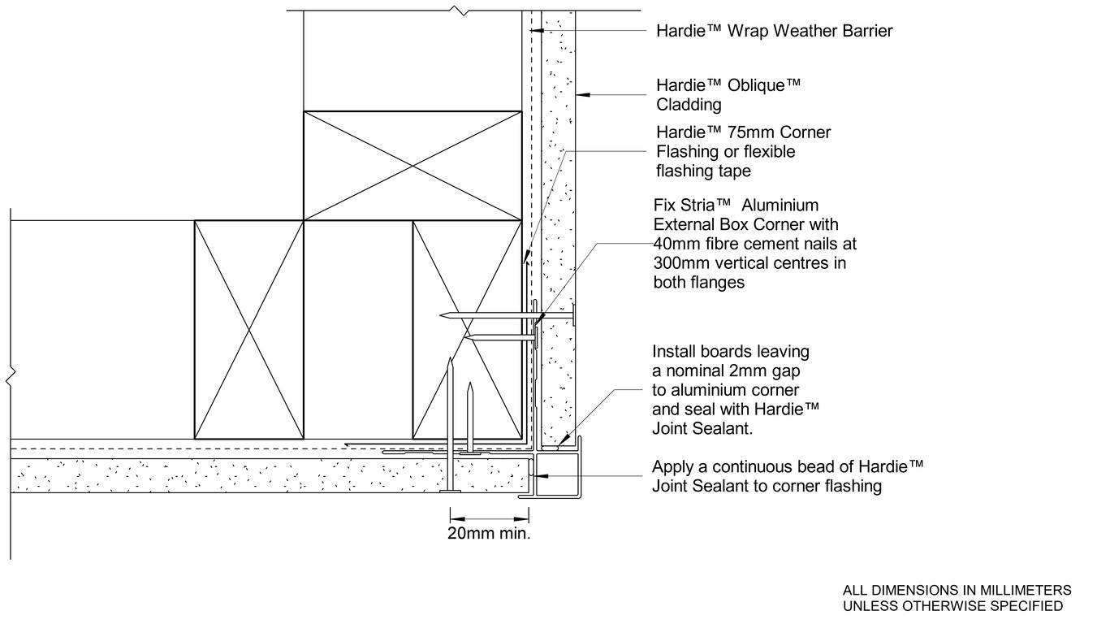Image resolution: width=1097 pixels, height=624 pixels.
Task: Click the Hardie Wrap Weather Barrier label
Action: tap(775, 31)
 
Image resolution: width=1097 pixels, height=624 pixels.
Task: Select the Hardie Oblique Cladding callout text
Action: tap(728, 94)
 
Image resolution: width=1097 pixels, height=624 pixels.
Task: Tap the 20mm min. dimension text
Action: tap(489, 533)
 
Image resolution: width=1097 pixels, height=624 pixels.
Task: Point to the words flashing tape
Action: tap(703, 171)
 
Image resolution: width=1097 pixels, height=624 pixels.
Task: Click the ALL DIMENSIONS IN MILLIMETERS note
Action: tap(957, 590)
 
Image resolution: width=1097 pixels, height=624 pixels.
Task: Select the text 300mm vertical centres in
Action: tap(749, 262)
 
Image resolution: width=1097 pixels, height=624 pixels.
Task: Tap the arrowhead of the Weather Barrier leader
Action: tap(537, 31)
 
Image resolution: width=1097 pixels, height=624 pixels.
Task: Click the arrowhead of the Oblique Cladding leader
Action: tap(582, 94)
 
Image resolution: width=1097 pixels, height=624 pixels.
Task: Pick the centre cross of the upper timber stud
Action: tap(412, 167)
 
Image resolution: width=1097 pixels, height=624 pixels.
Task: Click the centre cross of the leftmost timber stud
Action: tap(248, 330)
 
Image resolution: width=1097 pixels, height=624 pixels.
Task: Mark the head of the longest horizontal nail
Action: tap(573, 314)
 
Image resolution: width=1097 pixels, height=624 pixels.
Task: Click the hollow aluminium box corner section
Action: tap(558, 474)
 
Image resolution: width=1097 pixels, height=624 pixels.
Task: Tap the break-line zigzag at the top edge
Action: tap(459, 10)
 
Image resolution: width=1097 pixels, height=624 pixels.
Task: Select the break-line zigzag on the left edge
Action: tap(11, 375)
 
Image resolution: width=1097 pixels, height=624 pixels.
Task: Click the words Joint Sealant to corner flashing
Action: tap(767, 486)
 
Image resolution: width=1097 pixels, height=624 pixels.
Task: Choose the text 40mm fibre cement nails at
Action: tap(754, 244)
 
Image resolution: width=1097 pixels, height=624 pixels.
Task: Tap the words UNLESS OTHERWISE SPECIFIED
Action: tap(953, 606)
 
